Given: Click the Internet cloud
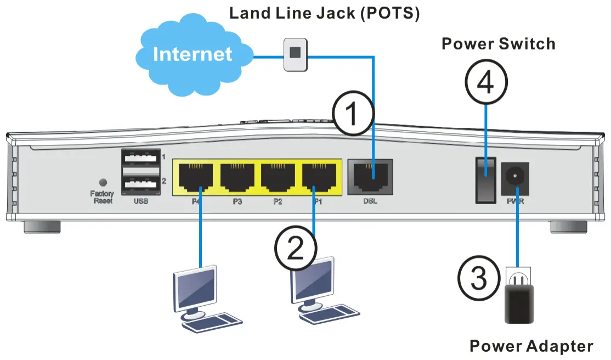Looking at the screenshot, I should [192, 54].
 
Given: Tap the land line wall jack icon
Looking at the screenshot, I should [296, 54].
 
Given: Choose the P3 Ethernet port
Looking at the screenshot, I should [237, 177].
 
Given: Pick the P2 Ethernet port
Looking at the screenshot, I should [278, 177].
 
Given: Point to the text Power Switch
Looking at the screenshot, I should [498, 43].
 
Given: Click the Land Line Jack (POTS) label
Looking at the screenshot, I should [324, 13].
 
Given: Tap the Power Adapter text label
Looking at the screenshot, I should [531, 346].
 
